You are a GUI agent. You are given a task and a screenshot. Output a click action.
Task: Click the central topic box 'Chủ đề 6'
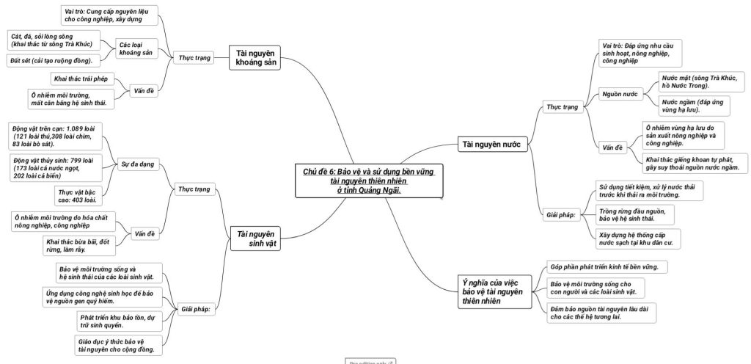[x=370, y=180]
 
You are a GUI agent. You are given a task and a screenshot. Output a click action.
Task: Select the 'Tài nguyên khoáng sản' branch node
[x=254, y=57]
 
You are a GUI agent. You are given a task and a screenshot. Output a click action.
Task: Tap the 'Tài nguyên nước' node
[x=491, y=145]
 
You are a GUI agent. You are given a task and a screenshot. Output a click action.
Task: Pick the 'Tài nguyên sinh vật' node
[x=254, y=238]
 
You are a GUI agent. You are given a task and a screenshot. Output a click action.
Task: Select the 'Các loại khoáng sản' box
[x=135, y=48]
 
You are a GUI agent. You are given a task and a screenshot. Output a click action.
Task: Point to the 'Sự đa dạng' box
[x=138, y=164]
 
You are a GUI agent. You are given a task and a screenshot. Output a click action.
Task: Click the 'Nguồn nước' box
[x=620, y=95]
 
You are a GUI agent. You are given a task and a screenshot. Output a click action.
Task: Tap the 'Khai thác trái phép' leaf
[x=81, y=78]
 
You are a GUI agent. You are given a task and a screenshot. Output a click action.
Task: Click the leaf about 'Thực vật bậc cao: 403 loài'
[x=81, y=195]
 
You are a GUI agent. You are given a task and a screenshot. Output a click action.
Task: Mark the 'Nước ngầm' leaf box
[x=689, y=106]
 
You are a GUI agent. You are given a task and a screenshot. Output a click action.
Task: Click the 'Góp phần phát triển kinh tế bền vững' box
[x=606, y=266]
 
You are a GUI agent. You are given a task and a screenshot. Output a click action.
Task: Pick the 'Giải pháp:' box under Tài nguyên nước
[x=561, y=215]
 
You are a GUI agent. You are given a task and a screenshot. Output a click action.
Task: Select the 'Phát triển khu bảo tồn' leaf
[x=117, y=320]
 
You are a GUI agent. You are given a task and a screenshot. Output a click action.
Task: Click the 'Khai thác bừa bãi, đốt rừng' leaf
[x=78, y=245]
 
